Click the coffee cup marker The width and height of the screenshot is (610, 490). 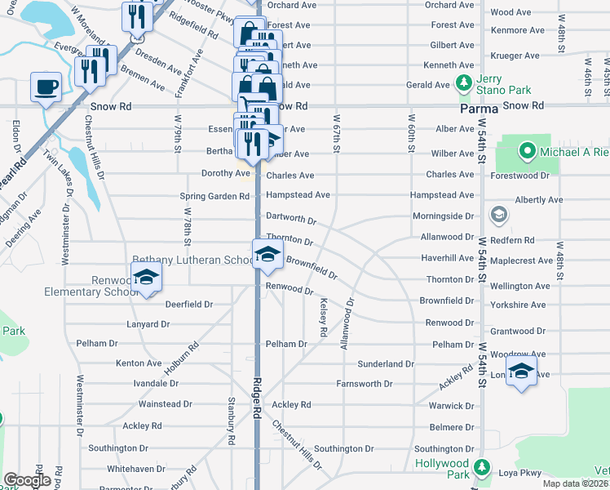click(46, 86)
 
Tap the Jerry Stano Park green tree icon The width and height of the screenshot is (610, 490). click(464, 82)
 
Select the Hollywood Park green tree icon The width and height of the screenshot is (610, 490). click(483, 468)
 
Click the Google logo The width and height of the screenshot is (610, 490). click(27, 481)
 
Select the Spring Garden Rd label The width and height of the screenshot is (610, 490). click(215, 196)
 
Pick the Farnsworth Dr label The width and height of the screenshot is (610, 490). click(365, 383)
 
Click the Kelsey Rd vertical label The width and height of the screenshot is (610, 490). click(324, 317)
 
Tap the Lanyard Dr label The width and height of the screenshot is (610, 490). click(148, 324)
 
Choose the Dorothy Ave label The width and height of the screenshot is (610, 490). click(226, 174)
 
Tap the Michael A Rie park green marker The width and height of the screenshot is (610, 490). click(526, 151)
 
